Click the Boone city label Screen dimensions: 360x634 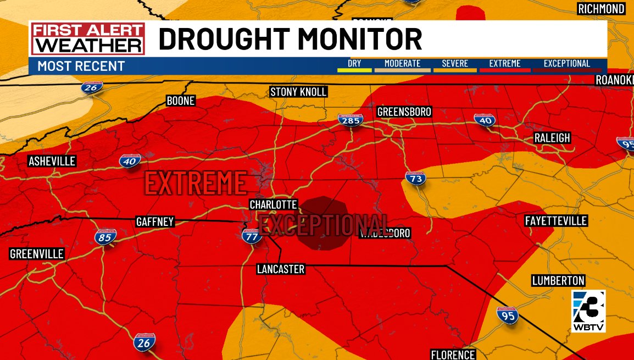(181, 101)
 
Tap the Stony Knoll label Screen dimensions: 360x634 (298, 92)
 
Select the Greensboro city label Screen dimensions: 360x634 (404, 112)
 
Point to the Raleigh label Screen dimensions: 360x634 (552, 138)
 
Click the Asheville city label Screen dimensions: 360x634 (52, 161)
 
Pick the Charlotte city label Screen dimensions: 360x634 (273, 204)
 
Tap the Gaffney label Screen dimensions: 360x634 (155, 222)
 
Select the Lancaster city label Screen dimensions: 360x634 (280, 269)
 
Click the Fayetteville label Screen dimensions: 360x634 (556, 221)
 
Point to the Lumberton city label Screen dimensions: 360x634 (558, 281)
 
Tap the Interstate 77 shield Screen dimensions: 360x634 (252, 236)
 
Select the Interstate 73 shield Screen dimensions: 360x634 (415, 178)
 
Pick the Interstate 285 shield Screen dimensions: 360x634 (350, 119)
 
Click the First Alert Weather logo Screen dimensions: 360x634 (88, 38)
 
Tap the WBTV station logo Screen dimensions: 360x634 (588, 311)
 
